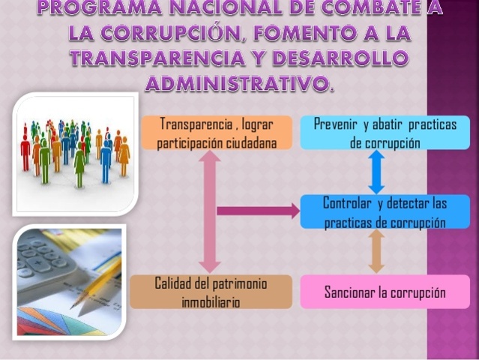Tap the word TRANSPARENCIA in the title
(x=161, y=59)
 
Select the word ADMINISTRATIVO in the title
(x=235, y=84)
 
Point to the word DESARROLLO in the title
(x=330, y=59)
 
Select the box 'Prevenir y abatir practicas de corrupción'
(x=385, y=132)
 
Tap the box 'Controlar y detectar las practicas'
(x=385, y=212)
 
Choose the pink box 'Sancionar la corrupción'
(x=385, y=292)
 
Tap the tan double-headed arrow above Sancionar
(x=376, y=252)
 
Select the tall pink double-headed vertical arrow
(x=211, y=211)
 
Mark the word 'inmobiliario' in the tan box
(x=211, y=301)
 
